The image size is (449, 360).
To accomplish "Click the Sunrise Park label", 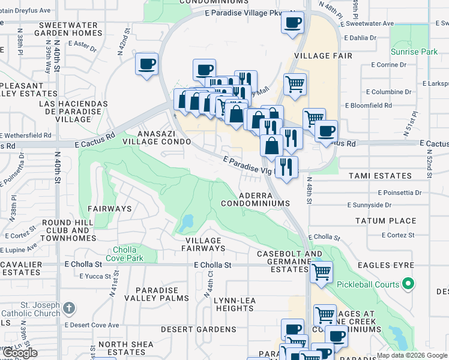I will (414, 52).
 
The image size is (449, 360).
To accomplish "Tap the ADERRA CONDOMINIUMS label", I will (255, 199).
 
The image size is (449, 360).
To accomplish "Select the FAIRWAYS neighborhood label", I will (110, 209).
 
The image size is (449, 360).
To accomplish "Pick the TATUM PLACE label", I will (385, 221).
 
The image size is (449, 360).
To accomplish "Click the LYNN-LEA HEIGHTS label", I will (235, 303).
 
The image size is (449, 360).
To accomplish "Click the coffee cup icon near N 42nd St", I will (146, 63).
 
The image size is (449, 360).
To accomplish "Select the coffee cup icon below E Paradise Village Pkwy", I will (292, 23).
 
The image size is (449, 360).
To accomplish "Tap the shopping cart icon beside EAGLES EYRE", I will (322, 271).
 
